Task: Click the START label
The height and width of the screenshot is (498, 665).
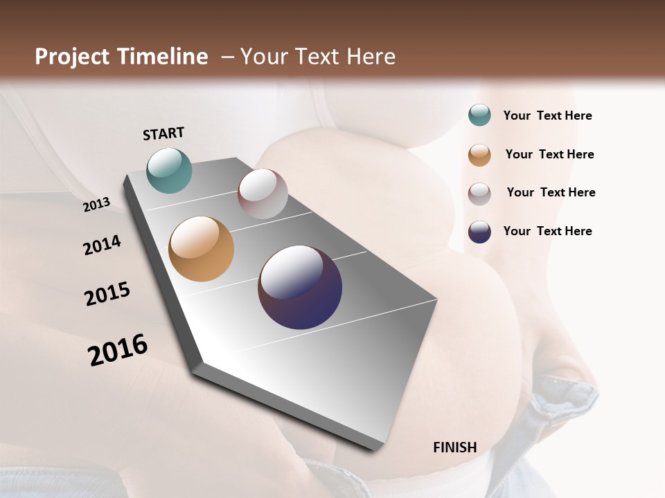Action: click(163, 133)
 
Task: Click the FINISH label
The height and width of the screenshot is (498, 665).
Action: click(454, 448)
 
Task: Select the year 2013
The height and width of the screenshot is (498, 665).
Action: click(97, 205)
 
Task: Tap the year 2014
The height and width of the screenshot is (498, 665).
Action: click(103, 245)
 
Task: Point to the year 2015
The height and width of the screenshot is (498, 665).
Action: click(107, 294)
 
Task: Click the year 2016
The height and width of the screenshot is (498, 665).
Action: click(118, 349)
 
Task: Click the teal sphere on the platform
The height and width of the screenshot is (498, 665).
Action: click(169, 170)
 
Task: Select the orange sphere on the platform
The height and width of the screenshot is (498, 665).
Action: click(201, 249)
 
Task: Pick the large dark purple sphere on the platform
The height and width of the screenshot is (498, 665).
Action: click(300, 287)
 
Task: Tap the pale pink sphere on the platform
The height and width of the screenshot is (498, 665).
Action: click(263, 194)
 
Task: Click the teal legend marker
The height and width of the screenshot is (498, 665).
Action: click(479, 116)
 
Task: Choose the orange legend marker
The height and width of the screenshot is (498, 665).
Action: click(479, 154)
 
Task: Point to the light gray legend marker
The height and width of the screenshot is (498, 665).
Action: click(479, 193)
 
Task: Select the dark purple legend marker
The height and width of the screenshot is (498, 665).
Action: click(479, 232)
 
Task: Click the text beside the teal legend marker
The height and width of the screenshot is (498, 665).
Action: click(547, 116)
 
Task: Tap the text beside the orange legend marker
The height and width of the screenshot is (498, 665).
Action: click(549, 154)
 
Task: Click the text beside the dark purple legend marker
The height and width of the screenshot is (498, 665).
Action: click(547, 231)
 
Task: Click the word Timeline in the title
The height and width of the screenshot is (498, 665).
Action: click(163, 57)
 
